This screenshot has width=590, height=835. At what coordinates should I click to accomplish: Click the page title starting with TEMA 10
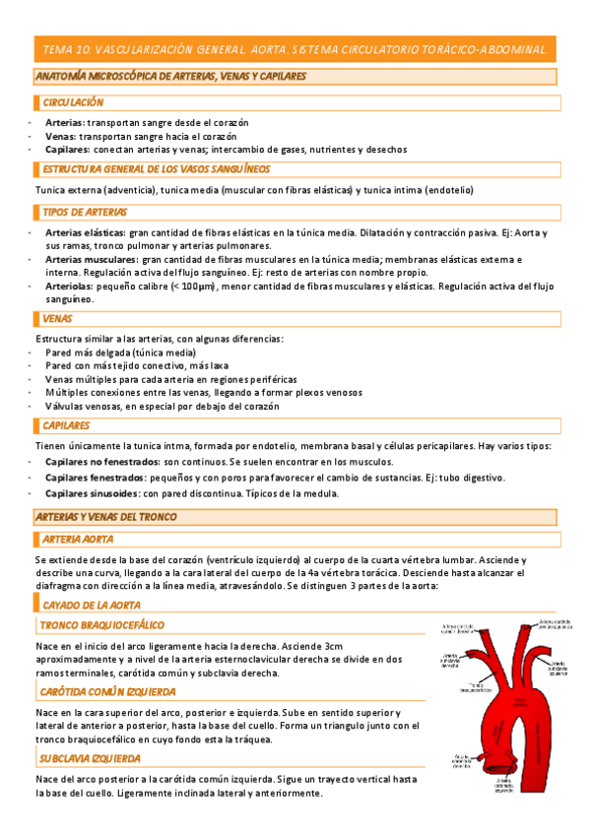coord(295,50)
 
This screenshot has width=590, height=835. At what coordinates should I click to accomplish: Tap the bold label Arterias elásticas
coord(78,233)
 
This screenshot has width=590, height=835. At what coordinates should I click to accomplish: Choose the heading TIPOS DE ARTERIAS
coord(85,212)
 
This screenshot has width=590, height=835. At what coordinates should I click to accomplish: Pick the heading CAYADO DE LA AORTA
coord(91,605)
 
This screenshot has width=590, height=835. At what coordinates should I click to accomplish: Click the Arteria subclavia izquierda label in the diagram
coord(557,670)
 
